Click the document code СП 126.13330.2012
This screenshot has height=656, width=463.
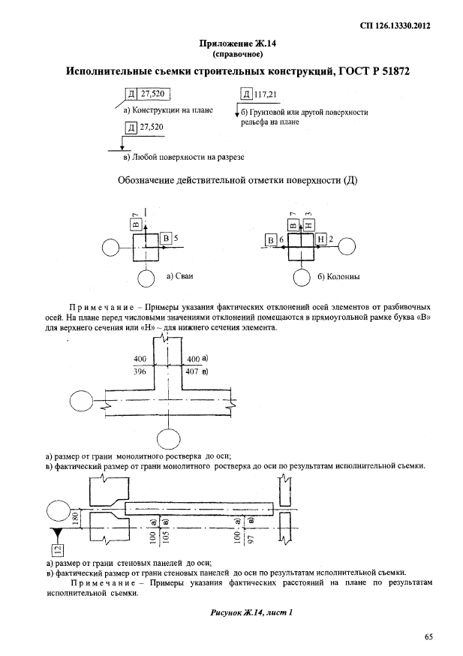tap(399, 25)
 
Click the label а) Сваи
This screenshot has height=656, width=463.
tap(179, 276)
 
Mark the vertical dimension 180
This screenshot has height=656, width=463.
tap(74, 516)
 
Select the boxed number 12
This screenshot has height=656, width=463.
tap(56, 552)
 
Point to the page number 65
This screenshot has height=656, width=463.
tap(428, 637)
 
